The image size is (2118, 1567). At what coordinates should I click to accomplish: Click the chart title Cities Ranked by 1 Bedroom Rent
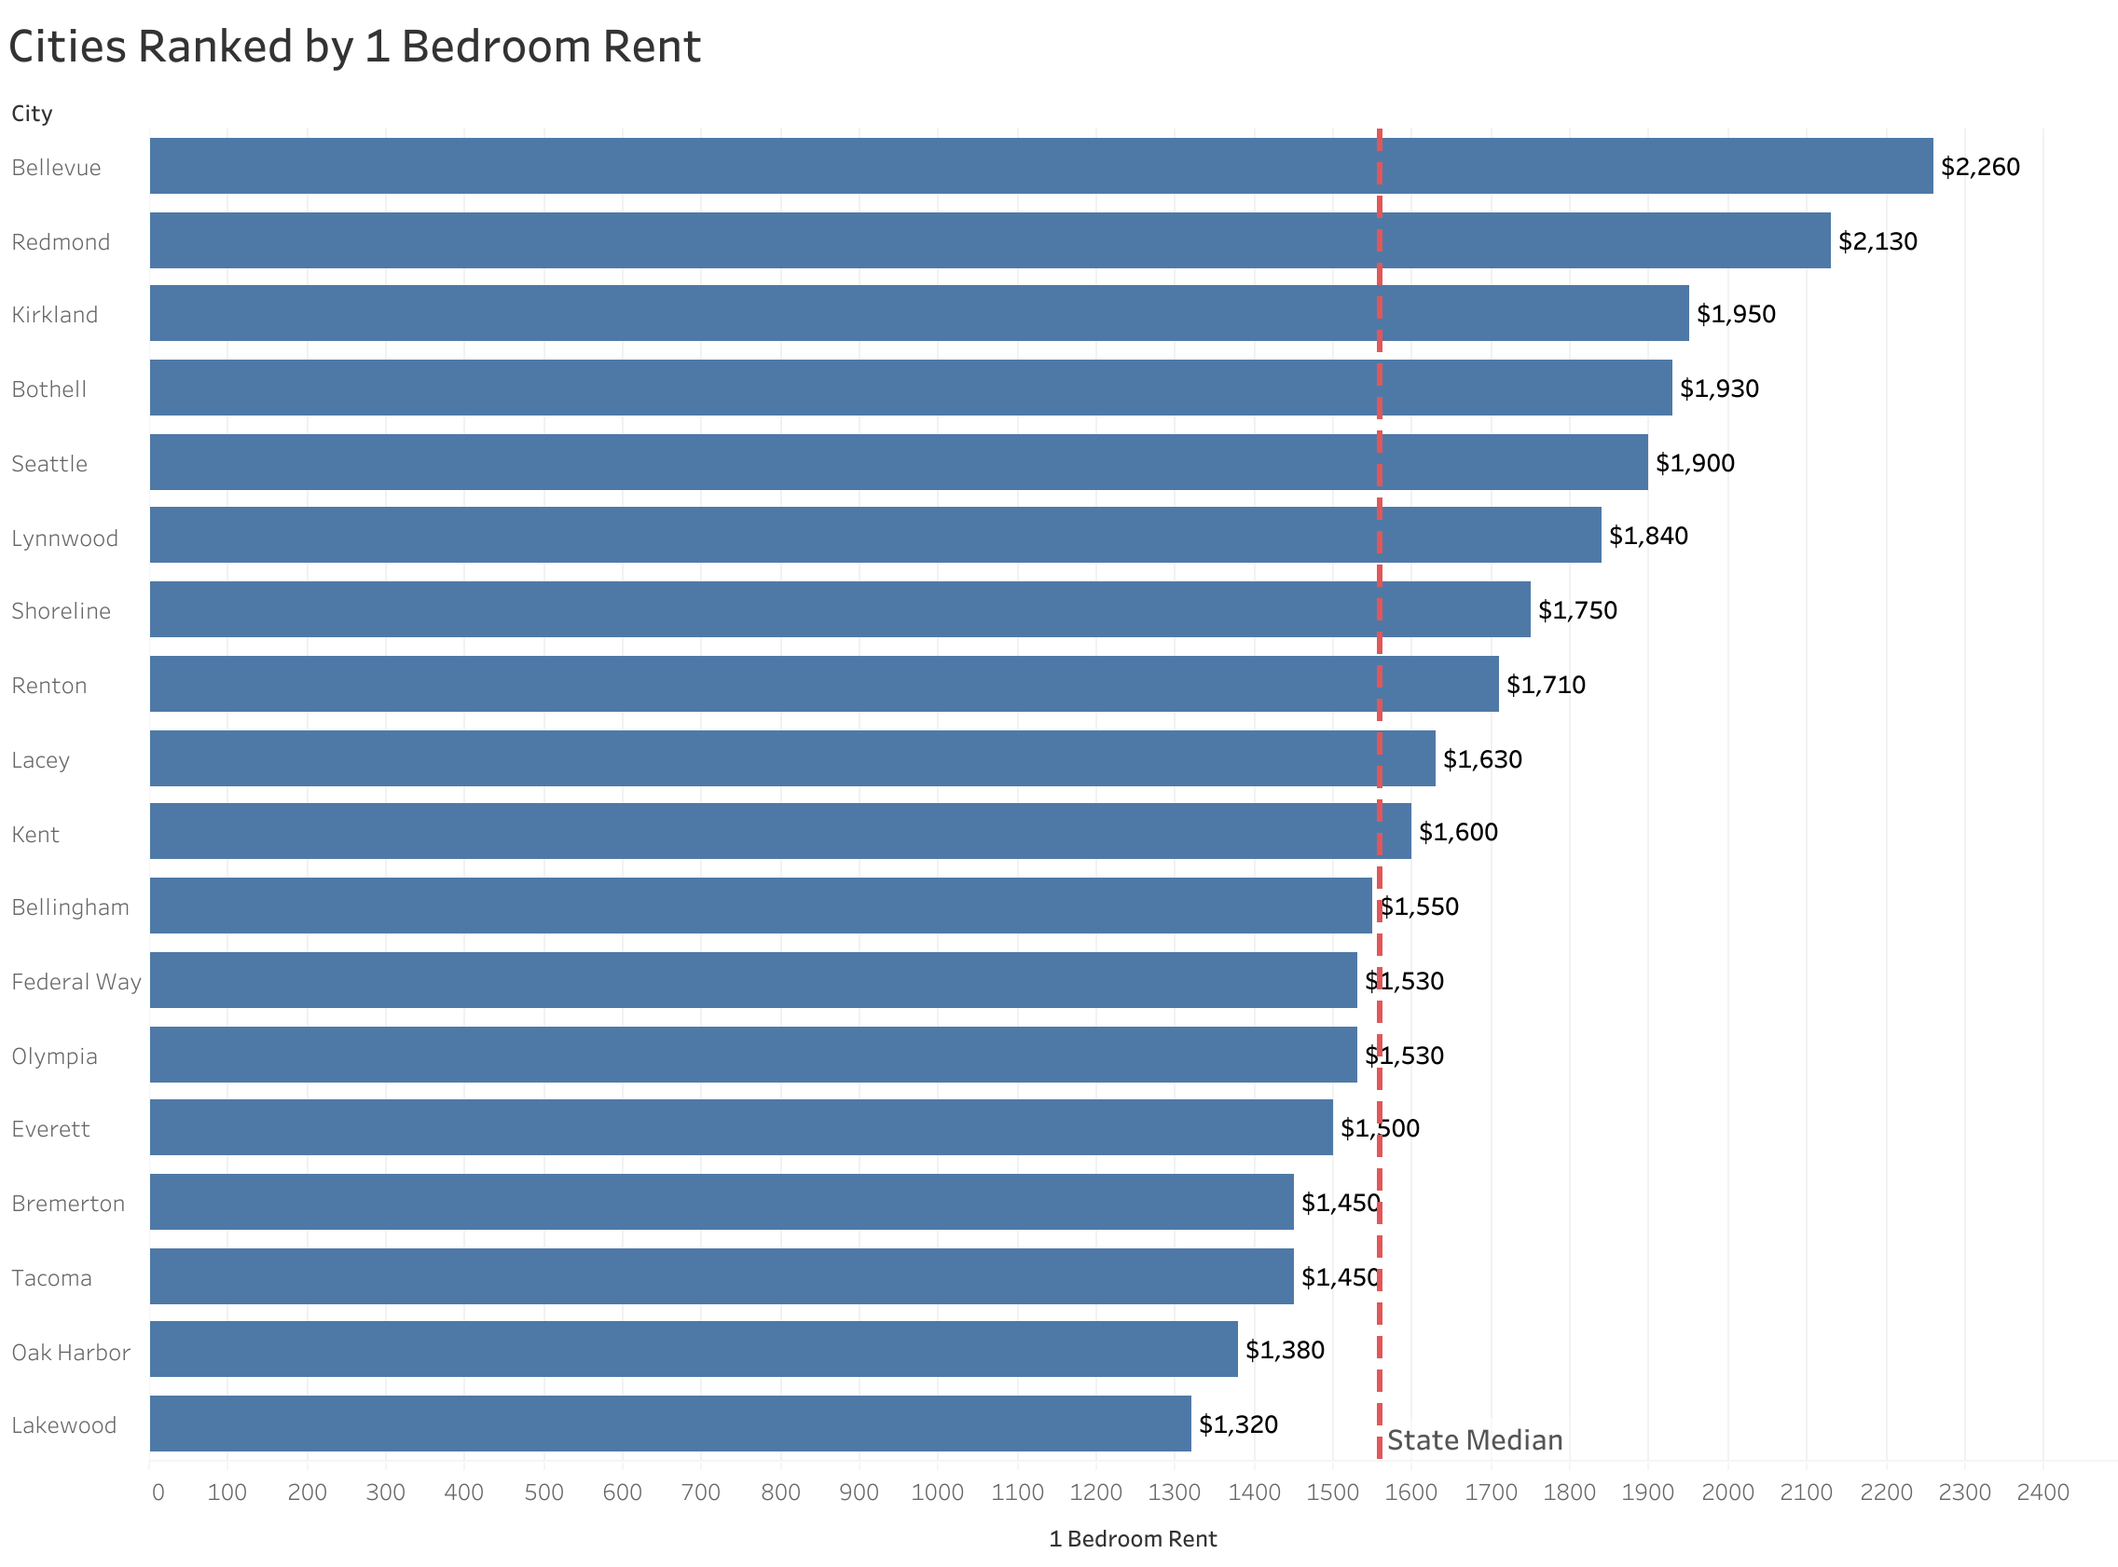pos(354,47)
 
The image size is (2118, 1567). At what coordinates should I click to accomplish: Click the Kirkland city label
pos(55,315)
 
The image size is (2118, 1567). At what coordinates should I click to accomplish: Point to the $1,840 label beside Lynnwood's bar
pos(1647,536)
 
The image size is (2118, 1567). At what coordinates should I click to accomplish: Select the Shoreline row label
pos(61,611)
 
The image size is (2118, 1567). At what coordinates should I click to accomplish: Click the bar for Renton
pos(823,684)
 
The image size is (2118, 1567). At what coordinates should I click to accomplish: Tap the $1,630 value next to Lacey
pos(1481,759)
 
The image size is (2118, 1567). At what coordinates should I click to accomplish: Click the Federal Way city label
pos(76,982)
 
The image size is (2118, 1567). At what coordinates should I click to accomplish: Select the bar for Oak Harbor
pos(693,1349)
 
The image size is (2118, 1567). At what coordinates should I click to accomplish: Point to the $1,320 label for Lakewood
pos(1237,1424)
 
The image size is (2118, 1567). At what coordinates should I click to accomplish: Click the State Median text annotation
pos(1474,1440)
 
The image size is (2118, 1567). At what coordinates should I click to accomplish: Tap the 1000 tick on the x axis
pos(938,1492)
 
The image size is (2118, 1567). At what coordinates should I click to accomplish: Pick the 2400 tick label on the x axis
pos(2042,1492)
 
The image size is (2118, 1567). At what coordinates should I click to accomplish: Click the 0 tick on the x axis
pos(158,1492)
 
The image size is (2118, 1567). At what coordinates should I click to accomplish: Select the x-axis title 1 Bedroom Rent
pos(1132,1538)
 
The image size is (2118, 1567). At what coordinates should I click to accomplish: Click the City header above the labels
pos(32,114)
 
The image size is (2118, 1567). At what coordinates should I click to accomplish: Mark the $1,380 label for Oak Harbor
pos(1284,1350)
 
